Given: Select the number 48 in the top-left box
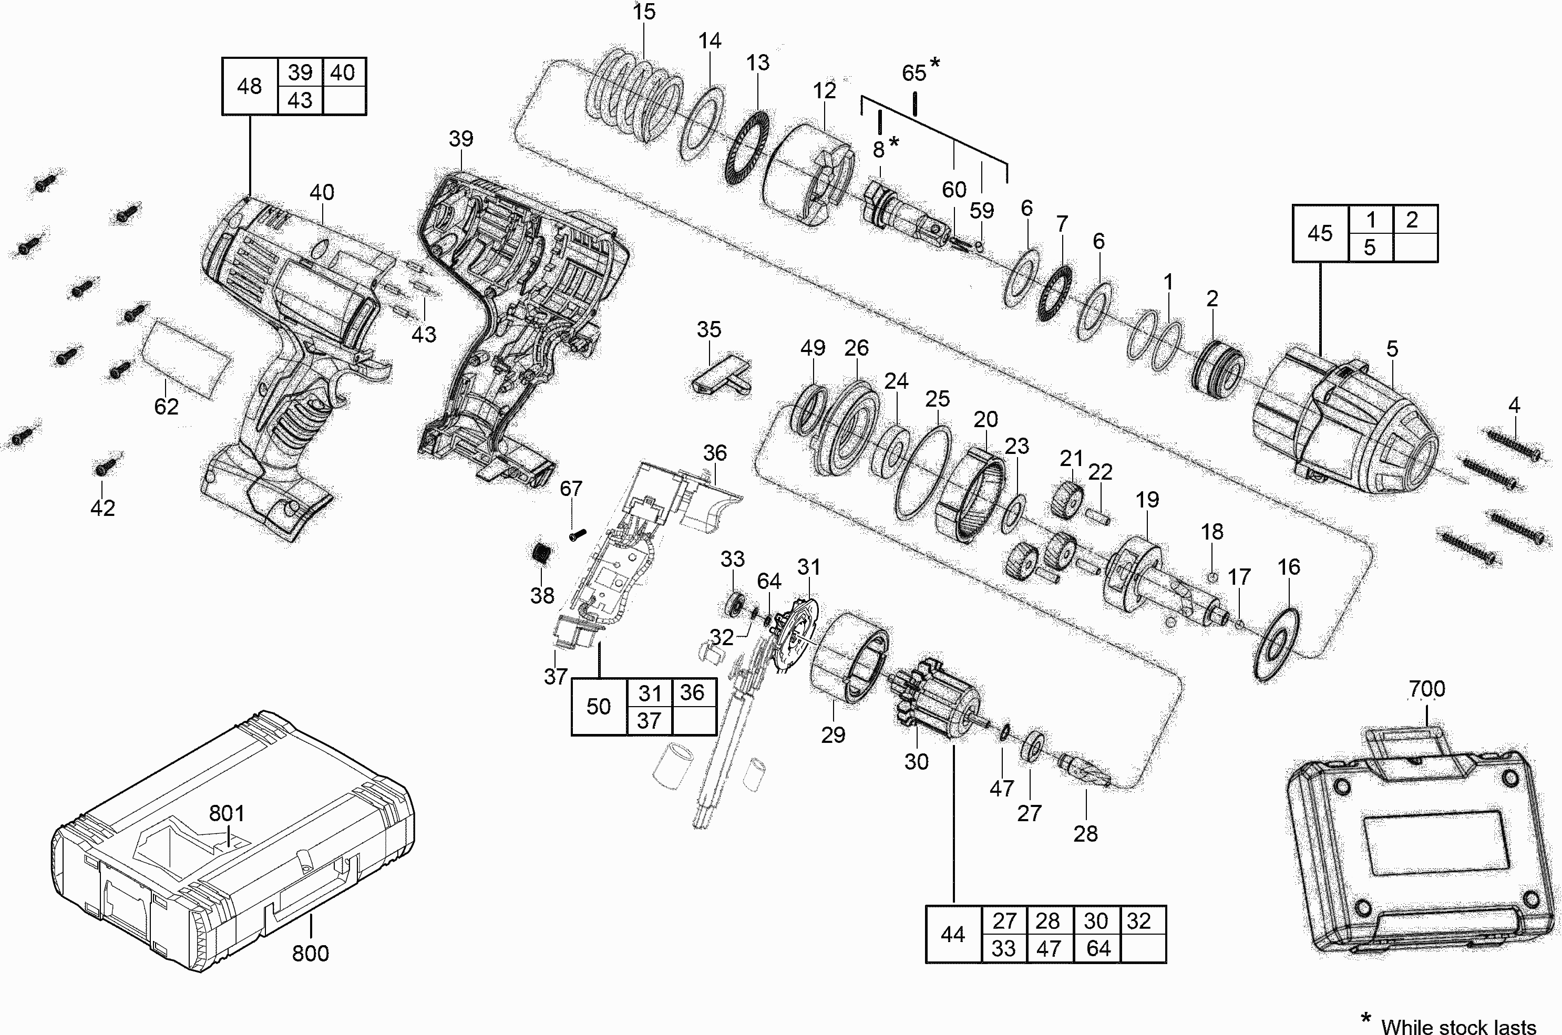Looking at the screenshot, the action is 250,86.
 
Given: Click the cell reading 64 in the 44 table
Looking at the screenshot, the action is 1098,948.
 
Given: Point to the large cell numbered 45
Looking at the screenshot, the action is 1320,234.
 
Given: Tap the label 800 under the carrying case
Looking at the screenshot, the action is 310,953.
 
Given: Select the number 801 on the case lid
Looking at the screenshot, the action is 227,813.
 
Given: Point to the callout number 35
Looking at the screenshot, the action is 709,329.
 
